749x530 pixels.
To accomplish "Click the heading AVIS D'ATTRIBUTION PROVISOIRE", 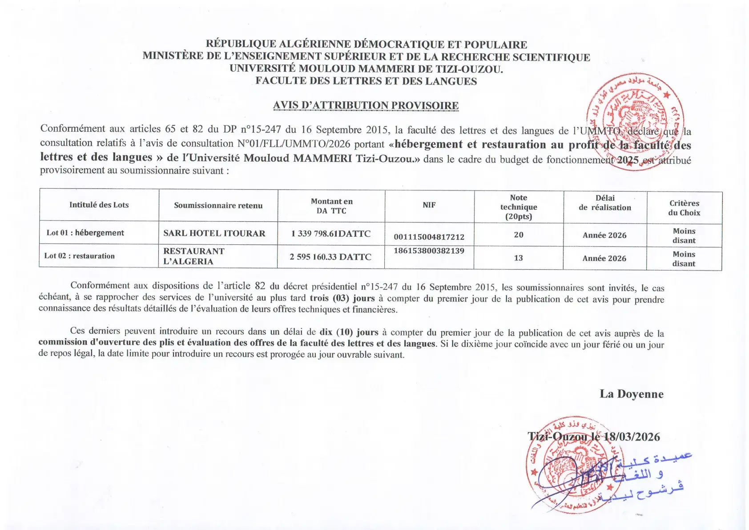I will [x=366, y=105].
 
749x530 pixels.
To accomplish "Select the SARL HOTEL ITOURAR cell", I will [x=214, y=233].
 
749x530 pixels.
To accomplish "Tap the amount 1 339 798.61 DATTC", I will [x=331, y=234].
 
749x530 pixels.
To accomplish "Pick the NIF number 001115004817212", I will [x=429, y=237].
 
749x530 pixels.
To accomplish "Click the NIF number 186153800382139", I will [x=429, y=251].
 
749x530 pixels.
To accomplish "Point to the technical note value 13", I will [x=518, y=258].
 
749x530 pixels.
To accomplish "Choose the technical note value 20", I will [x=519, y=235].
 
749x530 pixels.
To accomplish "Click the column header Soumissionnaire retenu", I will [x=218, y=206].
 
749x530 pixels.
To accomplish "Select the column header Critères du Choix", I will [x=684, y=208].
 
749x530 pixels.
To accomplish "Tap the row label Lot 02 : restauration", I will [x=80, y=256].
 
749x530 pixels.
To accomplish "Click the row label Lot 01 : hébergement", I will [x=85, y=233].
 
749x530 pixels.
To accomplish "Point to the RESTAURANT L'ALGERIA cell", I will [x=194, y=256].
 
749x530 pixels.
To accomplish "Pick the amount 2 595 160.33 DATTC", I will [x=330, y=257].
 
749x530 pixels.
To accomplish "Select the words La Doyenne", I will [x=631, y=394].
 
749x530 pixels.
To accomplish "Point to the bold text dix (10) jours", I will [x=349, y=332].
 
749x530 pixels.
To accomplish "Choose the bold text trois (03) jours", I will [x=342, y=298].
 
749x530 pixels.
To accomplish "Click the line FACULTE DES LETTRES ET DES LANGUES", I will [x=366, y=81].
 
